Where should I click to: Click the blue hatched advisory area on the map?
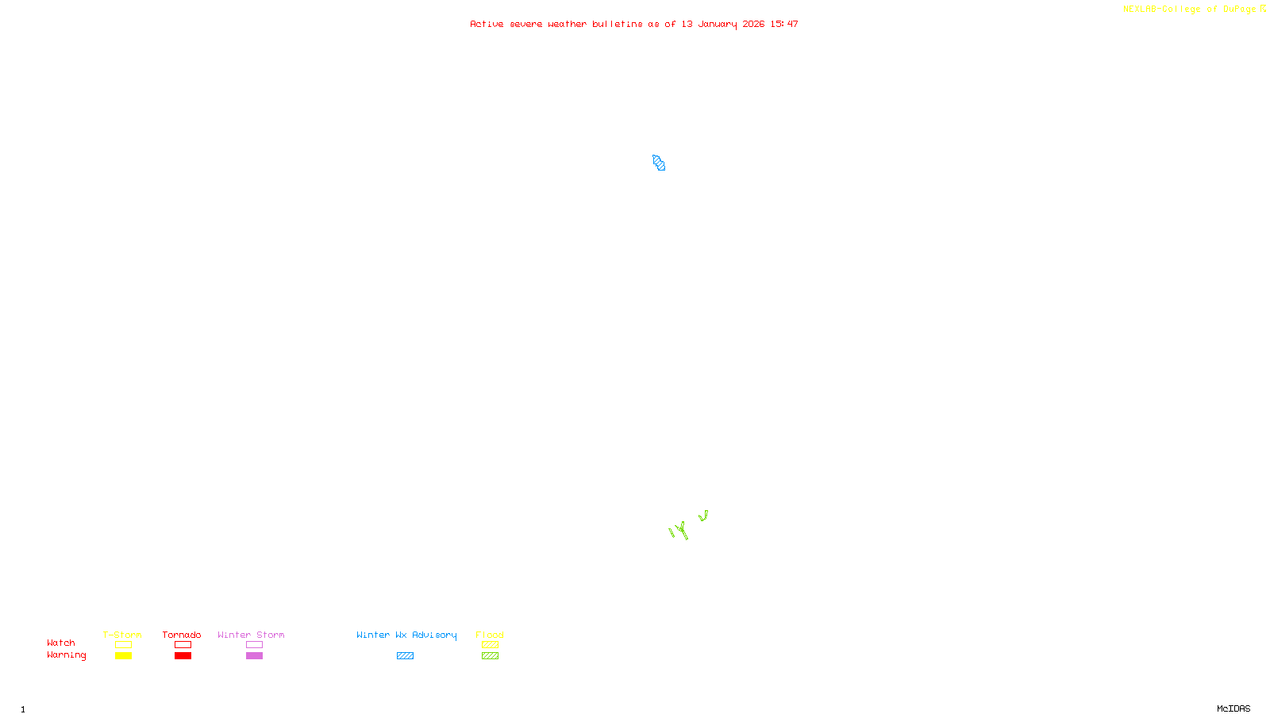pyautogui.click(x=659, y=163)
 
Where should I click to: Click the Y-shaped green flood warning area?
pyautogui.click(x=680, y=530)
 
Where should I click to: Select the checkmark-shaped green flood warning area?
pyautogui.click(x=703, y=516)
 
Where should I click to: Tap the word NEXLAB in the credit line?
pyautogui.click(x=1139, y=10)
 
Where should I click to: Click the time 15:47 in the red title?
pyautogui.click(x=784, y=25)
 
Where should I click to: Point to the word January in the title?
pyautogui.click(x=717, y=25)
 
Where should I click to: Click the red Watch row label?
pyautogui.click(x=61, y=643)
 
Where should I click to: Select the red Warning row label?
pyautogui.click(x=66, y=655)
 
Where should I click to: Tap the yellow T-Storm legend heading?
pyautogui.click(x=122, y=635)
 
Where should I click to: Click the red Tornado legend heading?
pyautogui.click(x=182, y=635)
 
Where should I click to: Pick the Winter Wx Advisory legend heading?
pyautogui.click(x=406, y=635)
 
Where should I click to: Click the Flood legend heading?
pyautogui.click(x=490, y=635)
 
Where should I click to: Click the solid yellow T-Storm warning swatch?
pyautogui.click(x=123, y=656)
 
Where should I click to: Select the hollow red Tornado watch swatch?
pyautogui.click(x=183, y=645)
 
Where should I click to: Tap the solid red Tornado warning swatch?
pyautogui.click(x=183, y=656)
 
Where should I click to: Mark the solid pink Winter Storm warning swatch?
pyautogui.click(x=254, y=656)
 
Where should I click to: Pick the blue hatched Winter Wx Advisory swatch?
pyautogui.click(x=405, y=656)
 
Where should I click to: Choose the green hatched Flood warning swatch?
pyautogui.click(x=490, y=656)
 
